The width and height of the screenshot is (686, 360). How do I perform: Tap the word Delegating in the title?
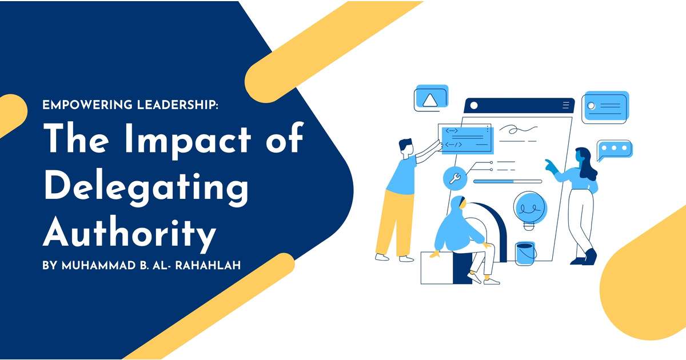click(146, 186)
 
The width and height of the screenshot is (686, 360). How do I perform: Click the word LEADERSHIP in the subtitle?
click(170, 105)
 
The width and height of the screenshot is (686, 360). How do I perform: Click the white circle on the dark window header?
click(473, 105)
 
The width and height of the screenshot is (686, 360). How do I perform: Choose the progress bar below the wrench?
click(507, 181)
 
